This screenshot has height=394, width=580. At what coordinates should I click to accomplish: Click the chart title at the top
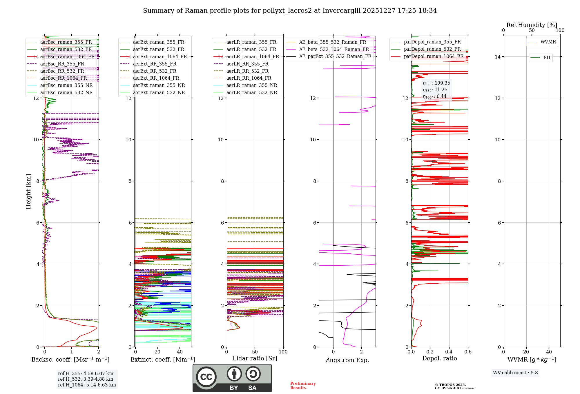click(x=290, y=11)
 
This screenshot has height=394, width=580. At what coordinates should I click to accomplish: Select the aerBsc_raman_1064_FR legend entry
click(x=67, y=56)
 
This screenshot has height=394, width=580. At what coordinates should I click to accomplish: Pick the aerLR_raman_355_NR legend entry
click(x=251, y=85)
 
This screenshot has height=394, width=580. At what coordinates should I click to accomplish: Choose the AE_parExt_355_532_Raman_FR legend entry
click(x=335, y=56)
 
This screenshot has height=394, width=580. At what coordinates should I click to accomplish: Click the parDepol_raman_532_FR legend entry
click(x=432, y=49)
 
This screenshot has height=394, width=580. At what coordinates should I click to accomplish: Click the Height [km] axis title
click(x=28, y=191)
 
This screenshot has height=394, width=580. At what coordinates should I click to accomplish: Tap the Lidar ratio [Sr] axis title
click(x=255, y=358)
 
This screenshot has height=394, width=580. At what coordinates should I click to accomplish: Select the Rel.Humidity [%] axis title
click(x=532, y=25)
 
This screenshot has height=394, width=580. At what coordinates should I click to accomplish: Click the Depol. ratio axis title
click(x=439, y=358)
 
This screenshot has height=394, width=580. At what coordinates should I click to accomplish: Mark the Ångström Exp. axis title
click(x=347, y=360)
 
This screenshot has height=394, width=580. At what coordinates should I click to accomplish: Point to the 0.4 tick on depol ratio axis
click(x=449, y=352)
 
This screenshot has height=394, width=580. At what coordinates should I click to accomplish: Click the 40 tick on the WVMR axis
click(x=549, y=352)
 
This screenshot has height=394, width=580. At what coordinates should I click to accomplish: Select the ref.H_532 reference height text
click(x=85, y=379)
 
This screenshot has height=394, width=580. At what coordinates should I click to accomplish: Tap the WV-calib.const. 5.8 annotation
click(x=515, y=373)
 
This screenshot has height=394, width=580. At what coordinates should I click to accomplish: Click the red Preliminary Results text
click(x=303, y=386)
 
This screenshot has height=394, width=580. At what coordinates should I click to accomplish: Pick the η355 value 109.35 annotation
click(x=436, y=83)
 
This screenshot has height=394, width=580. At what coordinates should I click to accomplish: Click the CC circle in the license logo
click(x=206, y=377)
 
